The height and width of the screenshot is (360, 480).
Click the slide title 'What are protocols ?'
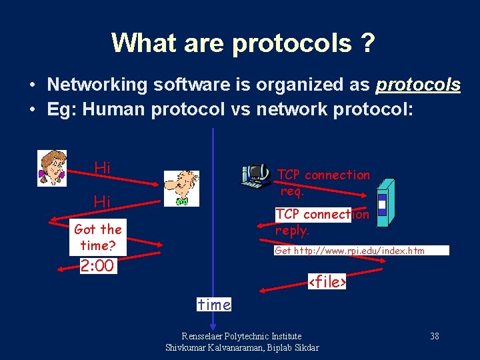click(x=243, y=43)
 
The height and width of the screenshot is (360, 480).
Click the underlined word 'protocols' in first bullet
click(x=418, y=85)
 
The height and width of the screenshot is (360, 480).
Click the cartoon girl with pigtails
click(x=52, y=167)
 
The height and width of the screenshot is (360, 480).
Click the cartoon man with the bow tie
click(x=182, y=188)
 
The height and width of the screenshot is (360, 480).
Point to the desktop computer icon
click(x=255, y=175)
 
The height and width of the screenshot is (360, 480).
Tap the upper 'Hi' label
click(x=103, y=168)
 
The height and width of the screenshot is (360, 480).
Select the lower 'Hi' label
click(x=103, y=201)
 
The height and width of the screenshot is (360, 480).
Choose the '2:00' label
click(x=97, y=267)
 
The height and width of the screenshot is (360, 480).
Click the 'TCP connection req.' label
click(x=323, y=183)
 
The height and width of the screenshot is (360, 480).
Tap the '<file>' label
click(x=327, y=282)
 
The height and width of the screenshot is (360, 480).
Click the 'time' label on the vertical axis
click(x=214, y=305)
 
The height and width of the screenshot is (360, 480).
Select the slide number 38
click(x=434, y=336)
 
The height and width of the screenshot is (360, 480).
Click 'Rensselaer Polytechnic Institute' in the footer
click(x=241, y=336)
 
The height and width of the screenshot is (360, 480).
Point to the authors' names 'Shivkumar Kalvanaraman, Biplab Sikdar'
click(x=241, y=347)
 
